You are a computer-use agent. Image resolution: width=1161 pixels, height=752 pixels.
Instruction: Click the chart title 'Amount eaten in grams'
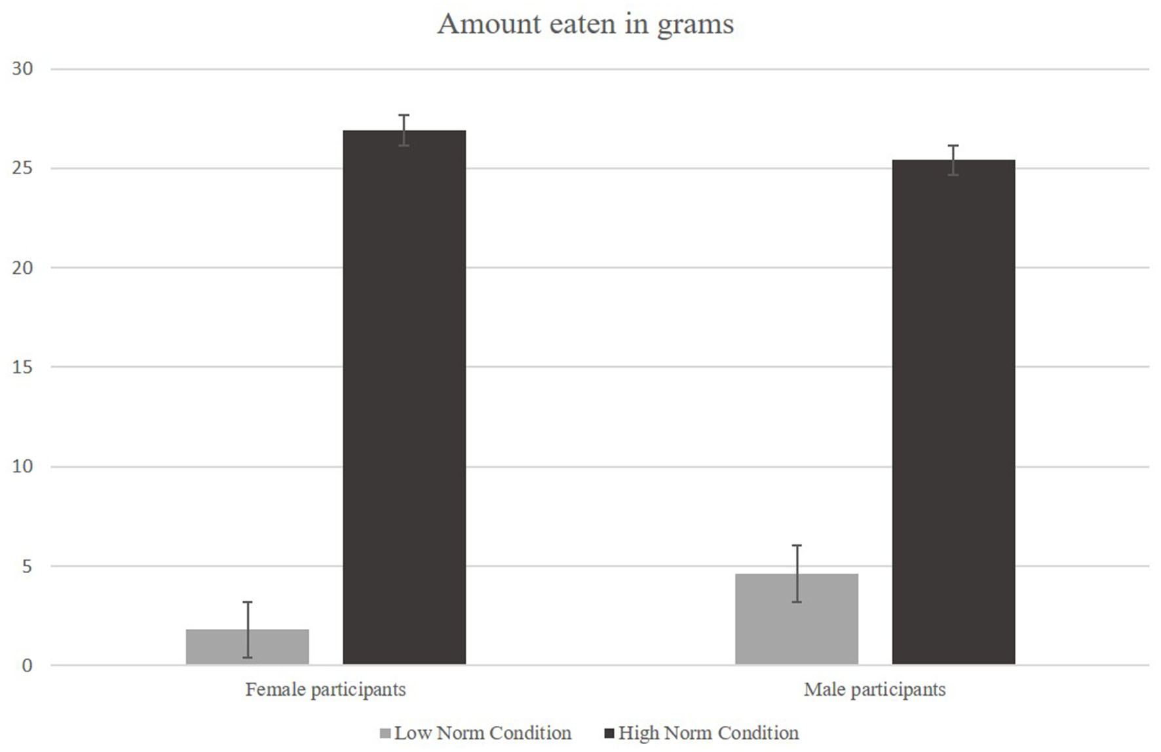pos(585,24)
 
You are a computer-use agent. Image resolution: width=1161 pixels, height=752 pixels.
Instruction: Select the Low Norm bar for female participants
pos(247,647)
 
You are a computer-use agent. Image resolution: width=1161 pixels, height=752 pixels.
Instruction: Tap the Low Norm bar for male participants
pos(796,619)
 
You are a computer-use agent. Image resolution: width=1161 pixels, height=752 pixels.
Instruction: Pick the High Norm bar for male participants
pos(953,412)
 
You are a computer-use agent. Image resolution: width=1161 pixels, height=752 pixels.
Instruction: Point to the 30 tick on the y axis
pos(22,69)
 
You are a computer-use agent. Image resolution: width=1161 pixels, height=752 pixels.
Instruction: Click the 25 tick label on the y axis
pos(22,168)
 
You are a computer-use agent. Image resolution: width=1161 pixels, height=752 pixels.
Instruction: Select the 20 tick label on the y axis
pos(22,268)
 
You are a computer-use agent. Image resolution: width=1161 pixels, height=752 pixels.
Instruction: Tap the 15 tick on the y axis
pos(22,367)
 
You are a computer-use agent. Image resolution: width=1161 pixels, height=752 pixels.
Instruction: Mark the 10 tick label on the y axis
pos(22,466)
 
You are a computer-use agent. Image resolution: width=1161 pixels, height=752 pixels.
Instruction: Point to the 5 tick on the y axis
pos(27,566)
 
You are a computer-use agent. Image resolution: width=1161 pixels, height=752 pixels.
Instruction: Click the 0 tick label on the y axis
pos(27,666)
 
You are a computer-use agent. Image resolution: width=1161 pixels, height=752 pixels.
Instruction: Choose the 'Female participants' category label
pos(326,690)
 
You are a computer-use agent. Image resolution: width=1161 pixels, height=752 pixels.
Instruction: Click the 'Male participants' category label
pos(875,690)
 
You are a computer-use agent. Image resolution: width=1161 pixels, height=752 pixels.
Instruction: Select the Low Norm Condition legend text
pos(483,733)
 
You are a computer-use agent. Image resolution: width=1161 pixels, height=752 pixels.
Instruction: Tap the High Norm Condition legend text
pos(708,733)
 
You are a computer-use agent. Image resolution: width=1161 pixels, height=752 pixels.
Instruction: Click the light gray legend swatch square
pos(385,733)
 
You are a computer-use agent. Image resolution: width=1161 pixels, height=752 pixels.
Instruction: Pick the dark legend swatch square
pos(609,733)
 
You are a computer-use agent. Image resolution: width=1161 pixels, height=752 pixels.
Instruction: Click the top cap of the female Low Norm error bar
pos(247,602)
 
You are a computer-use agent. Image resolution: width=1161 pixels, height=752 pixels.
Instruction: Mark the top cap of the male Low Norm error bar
pos(796,546)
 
